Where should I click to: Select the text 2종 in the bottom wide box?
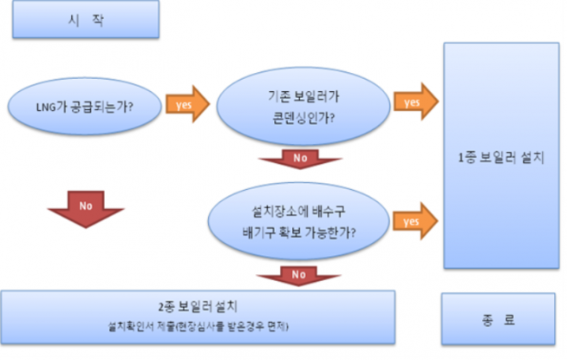pyautogui.click(x=166, y=307)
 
